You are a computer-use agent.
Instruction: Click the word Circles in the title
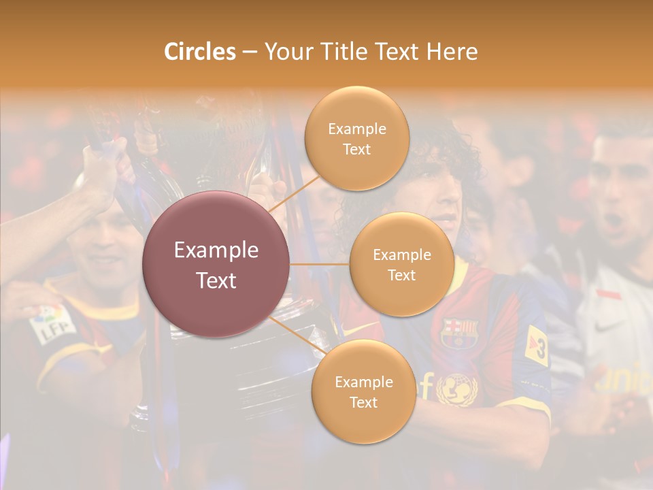click(x=200, y=52)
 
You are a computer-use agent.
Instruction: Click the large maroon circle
click(x=216, y=264)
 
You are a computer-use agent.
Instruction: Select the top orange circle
click(x=356, y=139)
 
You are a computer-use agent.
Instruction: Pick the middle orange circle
click(x=401, y=264)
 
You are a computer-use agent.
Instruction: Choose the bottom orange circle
click(x=363, y=391)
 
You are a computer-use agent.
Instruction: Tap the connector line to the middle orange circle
click(x=320, y=264)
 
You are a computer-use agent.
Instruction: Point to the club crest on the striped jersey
click(x=460, y=332)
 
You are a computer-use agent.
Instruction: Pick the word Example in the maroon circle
click(x=216, y=250)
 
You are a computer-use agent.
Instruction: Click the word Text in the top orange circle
click(x=356, y=149)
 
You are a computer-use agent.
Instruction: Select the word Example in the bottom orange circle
click(x=363, y=382)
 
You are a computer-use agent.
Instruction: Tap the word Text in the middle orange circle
click(x=401, y=275)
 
